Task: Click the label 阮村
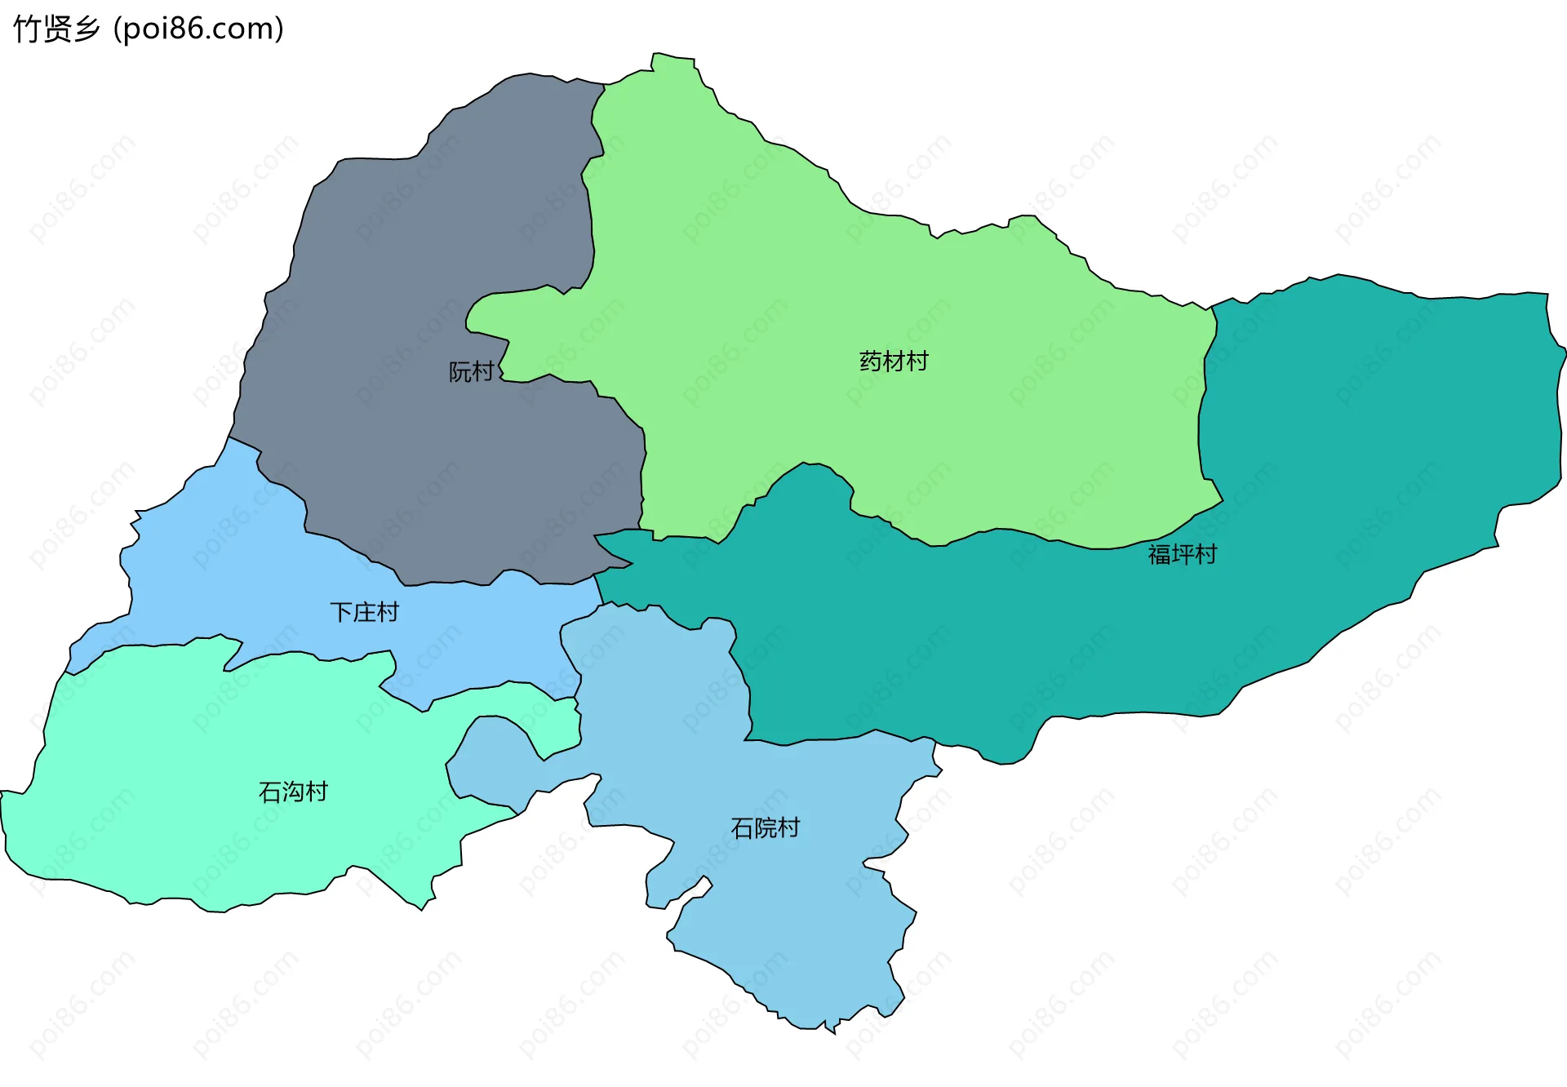(x=472, y=372)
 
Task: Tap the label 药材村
(x=894, y=361)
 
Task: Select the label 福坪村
(x=1182, y=554)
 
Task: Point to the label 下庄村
(x=364, y=612)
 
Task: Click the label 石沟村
(x=293, y=792)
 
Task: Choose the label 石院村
(x=765, y=828)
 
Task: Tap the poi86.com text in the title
(x=198, y=29)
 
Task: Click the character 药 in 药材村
(x=871, y=361)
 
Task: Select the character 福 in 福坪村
(x=1159, y=554)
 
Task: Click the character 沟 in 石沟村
(x=293, y=792)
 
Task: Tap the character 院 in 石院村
(x=765, y=828)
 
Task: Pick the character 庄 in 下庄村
(x=364, y=612)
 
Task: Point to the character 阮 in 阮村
(x=460, y=372)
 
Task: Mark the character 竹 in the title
(x=27, y=29)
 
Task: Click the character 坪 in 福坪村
(x=1182, y=554)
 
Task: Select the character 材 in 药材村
(x=894, y=361)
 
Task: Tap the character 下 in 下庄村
(x=341, y=612)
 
